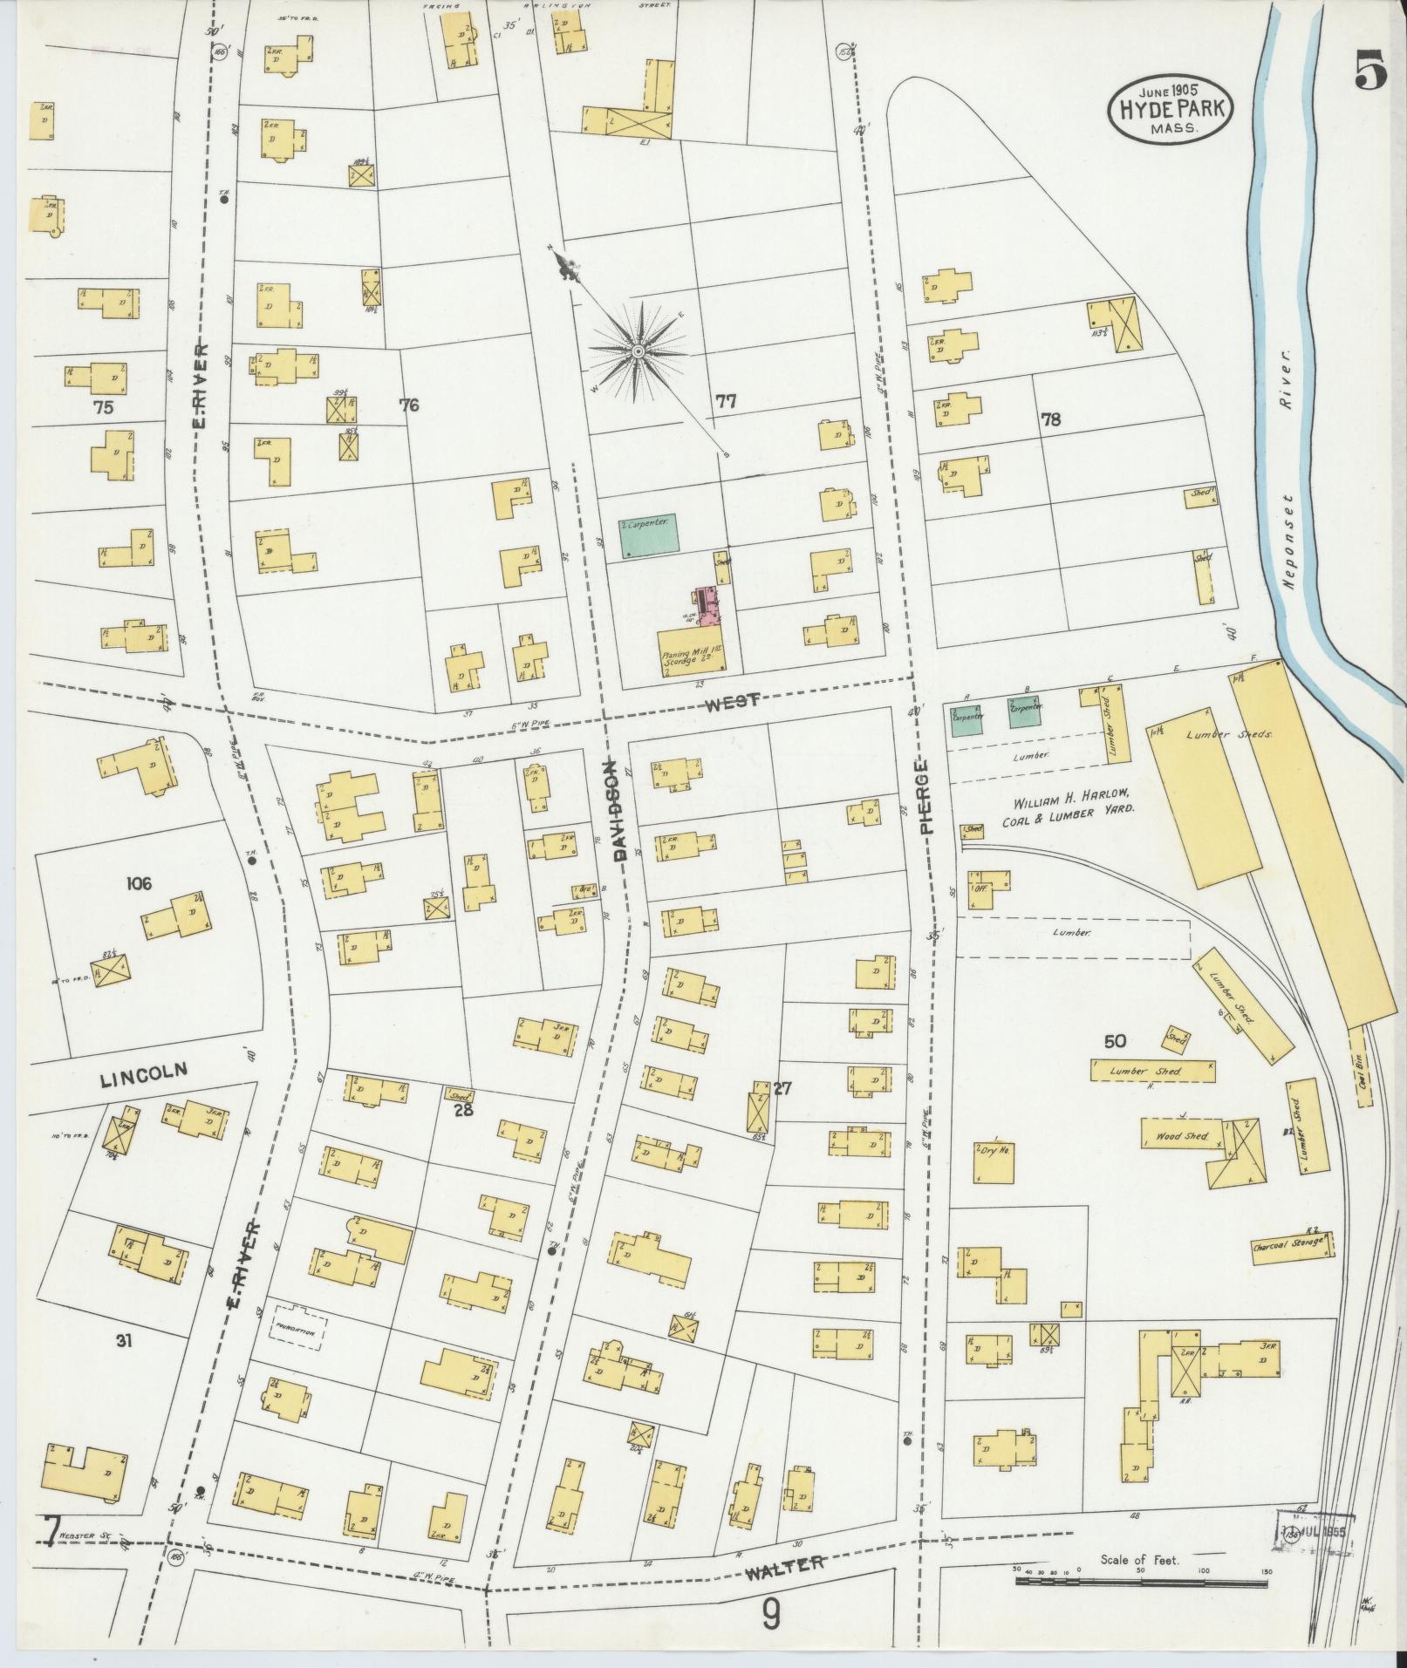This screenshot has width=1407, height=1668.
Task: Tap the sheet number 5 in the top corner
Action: click(x=1370, y=68)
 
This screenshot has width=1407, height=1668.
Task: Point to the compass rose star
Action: click(x=638, y=351)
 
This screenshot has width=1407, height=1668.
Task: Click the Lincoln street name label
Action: click(x=144, y=1076)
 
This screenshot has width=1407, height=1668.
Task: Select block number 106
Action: click(x=138, y=883)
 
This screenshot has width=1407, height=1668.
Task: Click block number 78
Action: click(x=1050, y=419)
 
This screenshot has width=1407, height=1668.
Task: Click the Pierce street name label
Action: click(x=926, y=797)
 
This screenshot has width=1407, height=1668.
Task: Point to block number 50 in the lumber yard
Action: click(x=1115, y=1041)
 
